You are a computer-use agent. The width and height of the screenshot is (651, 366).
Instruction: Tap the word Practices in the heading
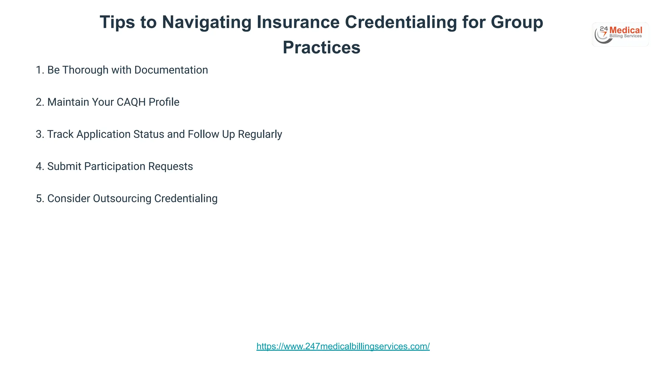(321, 48)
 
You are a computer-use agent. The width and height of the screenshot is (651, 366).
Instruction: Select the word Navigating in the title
(207, 22)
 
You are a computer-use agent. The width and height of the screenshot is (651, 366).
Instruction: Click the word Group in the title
(517, 22)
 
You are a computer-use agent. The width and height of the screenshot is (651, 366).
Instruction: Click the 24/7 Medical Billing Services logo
(620, 34)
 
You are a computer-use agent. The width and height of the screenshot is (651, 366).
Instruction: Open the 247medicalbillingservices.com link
(343, 346)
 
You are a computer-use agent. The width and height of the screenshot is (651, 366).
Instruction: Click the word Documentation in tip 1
(171, 70)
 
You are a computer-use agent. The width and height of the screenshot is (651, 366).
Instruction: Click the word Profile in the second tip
(164, 102)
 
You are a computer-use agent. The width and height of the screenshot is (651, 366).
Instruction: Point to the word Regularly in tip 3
(260, 134)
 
